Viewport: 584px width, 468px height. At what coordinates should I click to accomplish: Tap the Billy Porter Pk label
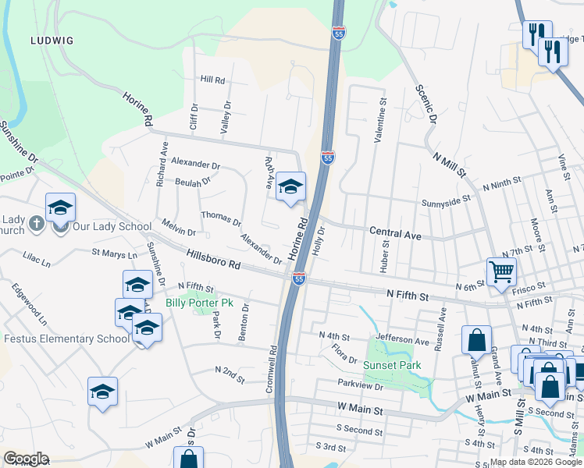(199, 303)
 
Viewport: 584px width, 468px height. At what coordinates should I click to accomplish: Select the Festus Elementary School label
(66, 339)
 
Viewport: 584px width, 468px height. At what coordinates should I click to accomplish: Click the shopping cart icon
(501, 271)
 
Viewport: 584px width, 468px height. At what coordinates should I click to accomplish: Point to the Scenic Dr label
(425, 105)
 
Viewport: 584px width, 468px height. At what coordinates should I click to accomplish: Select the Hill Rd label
(212, 80)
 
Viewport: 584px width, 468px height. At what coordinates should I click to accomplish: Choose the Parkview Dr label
(361, 385)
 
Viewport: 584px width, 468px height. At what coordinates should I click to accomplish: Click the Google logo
(26, 459)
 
